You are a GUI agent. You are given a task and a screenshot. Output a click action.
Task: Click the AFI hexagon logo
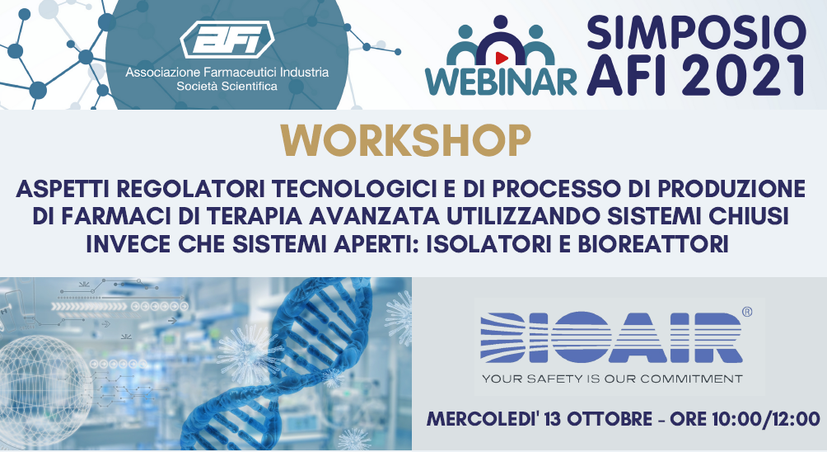tap(227, 39)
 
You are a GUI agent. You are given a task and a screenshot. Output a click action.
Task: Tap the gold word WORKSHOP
tap(405, 141)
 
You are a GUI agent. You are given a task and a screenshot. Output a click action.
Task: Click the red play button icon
tap(502, 57)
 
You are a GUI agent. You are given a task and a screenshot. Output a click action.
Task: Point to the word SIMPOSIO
tap(696, 33)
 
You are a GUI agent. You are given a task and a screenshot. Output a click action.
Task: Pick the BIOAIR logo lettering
tap(611, 338)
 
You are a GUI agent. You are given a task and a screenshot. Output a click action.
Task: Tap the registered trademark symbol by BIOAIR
tap(747, 312)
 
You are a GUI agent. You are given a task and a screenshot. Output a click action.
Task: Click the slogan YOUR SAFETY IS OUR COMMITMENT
tap(612, 379)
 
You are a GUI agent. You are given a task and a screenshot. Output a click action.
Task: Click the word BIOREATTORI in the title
tap(653, 244)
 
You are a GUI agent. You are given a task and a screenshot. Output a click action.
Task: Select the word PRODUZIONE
tap(732, 189)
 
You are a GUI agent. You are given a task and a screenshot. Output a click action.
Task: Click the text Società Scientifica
tap(227, 86)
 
